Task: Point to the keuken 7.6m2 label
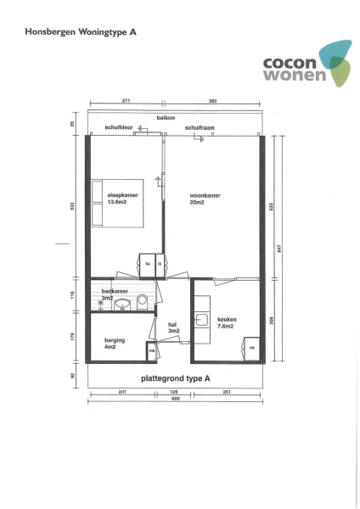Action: (227, 323)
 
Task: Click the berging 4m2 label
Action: (114, 344)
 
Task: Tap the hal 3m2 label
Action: (172, 327)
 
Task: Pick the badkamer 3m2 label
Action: (113, 294)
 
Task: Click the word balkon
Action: (166, 118)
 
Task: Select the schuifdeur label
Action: (118, 126)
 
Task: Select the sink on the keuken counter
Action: (202, 320)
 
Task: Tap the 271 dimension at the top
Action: (125, 101)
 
